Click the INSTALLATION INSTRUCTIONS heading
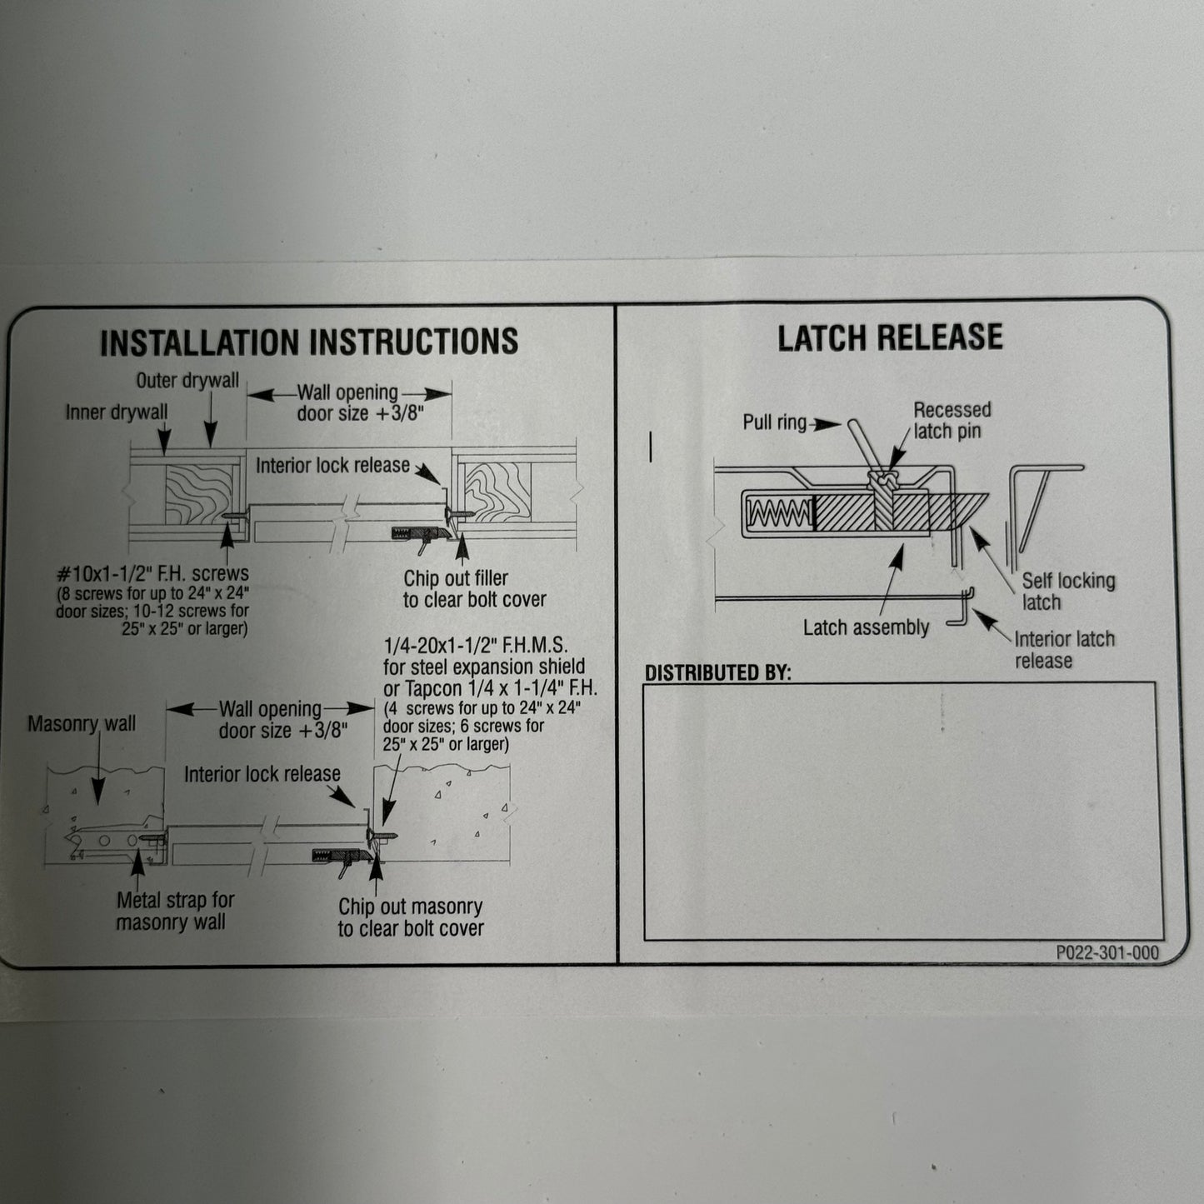coord(309,342)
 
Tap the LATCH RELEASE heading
coord(890,337)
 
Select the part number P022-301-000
coord(1107,952)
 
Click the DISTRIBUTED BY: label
coord(717,672)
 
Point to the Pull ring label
coord(775,422)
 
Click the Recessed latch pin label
coord(952,421)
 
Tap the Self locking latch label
coord(1067,591)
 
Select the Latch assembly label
coord(866,628)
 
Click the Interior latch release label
coord(1064,650)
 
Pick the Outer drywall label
coord(187,381)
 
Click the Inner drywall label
coord(117,412)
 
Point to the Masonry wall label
coord(82,723)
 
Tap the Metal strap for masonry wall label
coord(175,911)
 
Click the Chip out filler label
coord(474,588)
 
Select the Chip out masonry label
coord(411,917)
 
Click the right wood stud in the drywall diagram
coord(497,492)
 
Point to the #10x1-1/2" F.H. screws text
coord(152,573)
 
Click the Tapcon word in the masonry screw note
coord(433,689)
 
